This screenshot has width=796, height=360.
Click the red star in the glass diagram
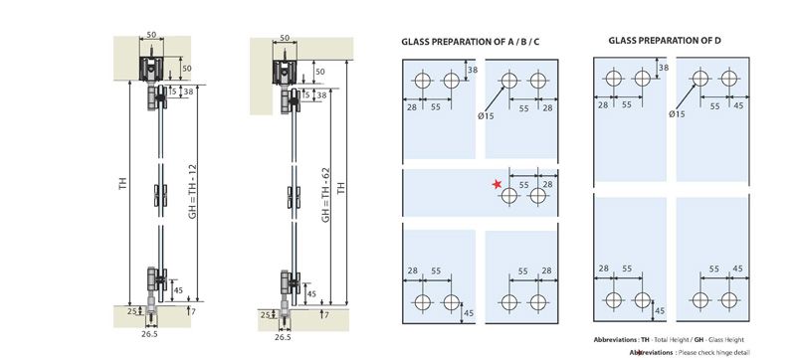pyautogui.click(x=496, y=184)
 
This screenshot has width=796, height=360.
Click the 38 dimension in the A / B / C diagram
pyautogui.click(x=474, y=71)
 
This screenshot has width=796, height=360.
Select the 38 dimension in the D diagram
pyautogui.click(x=663, y=68)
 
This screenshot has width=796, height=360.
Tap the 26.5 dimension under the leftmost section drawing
pyautogui.click(x=150, y=335)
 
